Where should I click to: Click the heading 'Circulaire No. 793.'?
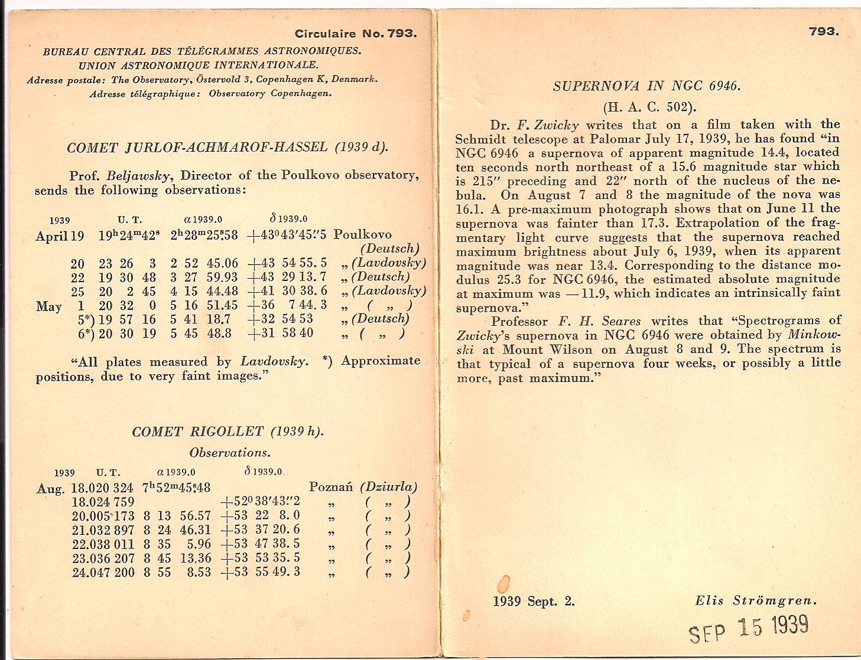click(356, 34)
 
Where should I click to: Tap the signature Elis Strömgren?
click(756, 601)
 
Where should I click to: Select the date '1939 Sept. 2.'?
click(534, 602)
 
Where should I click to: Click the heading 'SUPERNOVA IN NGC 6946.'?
click(646, 86)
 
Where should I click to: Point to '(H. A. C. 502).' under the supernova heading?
click(649, 107)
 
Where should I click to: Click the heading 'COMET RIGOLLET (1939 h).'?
click(228, 432)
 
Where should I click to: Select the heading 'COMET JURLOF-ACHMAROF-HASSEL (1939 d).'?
click(228, 148)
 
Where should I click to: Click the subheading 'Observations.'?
click(230, 453)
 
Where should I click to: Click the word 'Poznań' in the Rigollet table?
click(330, 488)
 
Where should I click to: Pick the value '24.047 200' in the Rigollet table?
click(103, 572)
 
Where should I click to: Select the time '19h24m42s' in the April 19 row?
click(128, 236)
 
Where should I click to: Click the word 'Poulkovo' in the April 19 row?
click(362, 234)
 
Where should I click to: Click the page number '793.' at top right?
click(824, 31)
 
